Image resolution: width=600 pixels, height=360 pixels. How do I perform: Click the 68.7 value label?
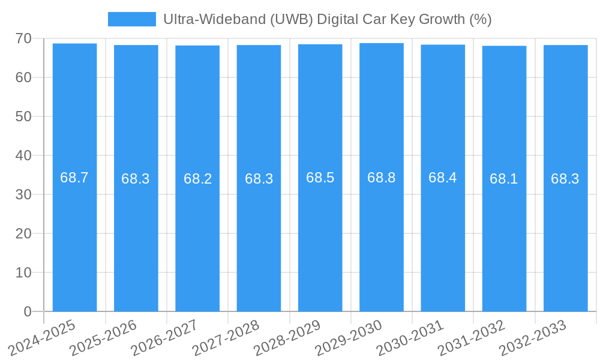(x=74, y=178)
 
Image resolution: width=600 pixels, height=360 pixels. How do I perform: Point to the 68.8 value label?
(x=382, y=178)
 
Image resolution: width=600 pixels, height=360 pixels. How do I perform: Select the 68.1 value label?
(x=504, y=179)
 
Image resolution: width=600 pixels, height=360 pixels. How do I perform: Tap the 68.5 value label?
(x=320, y=178)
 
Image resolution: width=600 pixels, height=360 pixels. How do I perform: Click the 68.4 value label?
(x=443, y=178)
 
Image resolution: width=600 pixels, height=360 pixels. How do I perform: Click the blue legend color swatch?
(x=131, y=19)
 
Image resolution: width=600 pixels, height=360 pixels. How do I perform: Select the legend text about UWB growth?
(x=328, y=19)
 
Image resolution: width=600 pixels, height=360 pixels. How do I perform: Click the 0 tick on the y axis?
(x=28, y=311)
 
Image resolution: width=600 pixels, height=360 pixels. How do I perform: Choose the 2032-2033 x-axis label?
(x=533, y=337)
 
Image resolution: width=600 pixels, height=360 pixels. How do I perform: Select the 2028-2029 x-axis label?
(x=288, y=337)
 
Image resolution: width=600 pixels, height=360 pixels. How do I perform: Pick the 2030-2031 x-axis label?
(x=410, y=337)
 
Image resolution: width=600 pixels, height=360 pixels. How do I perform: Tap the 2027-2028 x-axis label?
(x=227, y=337)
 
